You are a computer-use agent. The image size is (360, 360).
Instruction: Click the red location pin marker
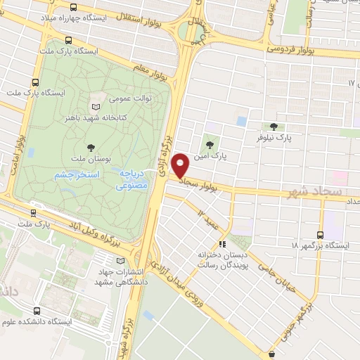tap(181, 165)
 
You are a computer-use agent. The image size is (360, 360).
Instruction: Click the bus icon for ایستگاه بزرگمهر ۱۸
tap(321, 235)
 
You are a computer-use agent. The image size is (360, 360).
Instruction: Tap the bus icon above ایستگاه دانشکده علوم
tap(37, 310)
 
